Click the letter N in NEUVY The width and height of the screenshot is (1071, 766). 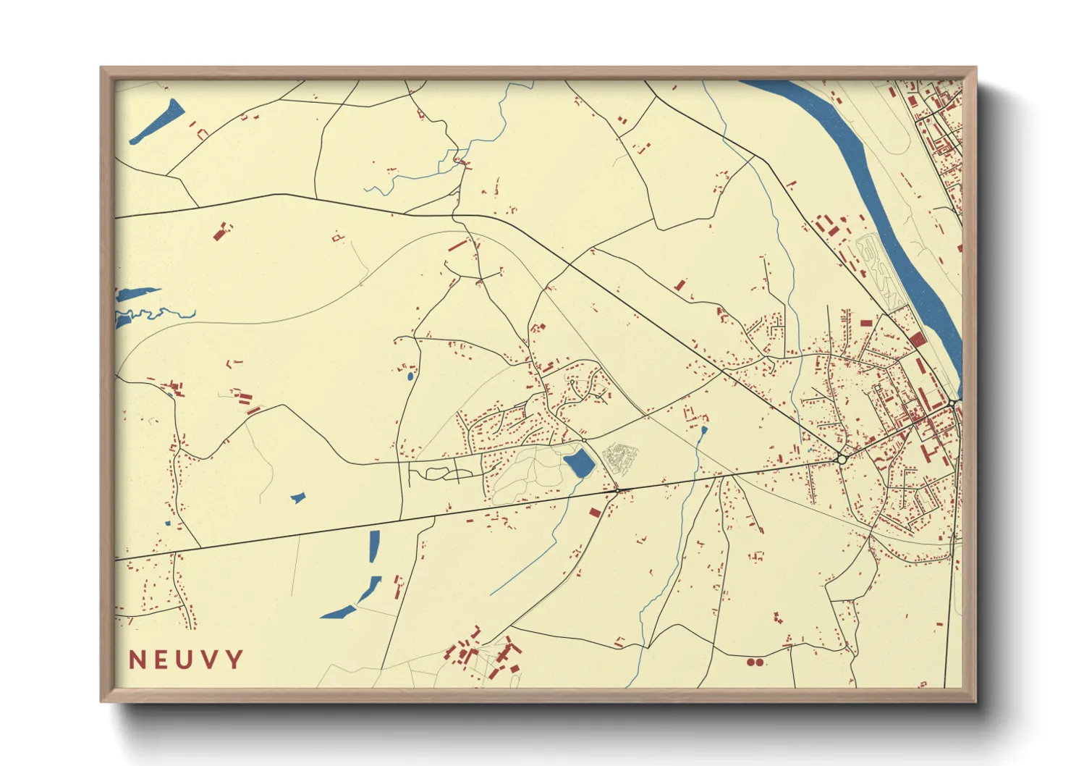pyautogui.click(x=137, y=660)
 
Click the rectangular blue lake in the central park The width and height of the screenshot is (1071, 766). pyautogui.click(x=578, y=463)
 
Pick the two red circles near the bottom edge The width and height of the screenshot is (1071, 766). pyautogui.click(x=755, y=662)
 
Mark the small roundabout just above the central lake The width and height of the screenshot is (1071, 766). pyautogui.click(x=584, y=439)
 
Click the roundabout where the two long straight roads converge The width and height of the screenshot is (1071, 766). pyautogui.click(x=841, y=459)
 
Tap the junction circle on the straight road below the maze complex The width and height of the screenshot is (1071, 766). pyautogui.click(x=617, y=491)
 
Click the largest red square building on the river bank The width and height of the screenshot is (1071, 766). pyautogui.click(x=917, y=340)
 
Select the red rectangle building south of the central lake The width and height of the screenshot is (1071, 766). pyautogui.click(x=595, y=513)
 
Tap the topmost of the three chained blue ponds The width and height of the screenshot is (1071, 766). pyautogui.click(x=374, y=546)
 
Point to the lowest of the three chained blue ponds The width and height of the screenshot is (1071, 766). pyautogui.click(x=338, y=613)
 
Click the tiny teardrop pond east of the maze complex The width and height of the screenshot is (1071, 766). pyautogui.click(x=704, y=430)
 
